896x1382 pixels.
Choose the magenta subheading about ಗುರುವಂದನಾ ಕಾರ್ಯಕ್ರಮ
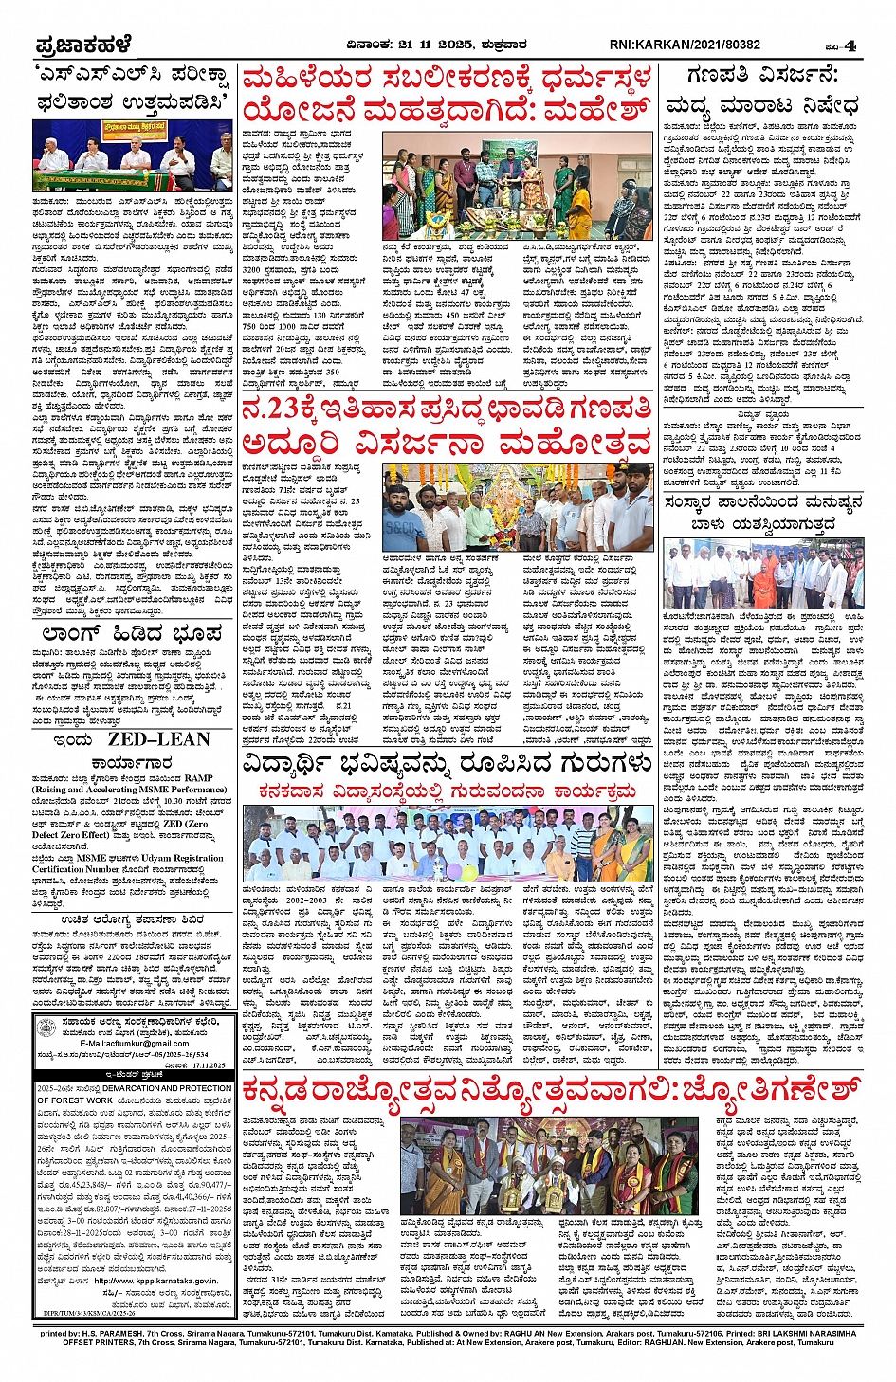[447, 791]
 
